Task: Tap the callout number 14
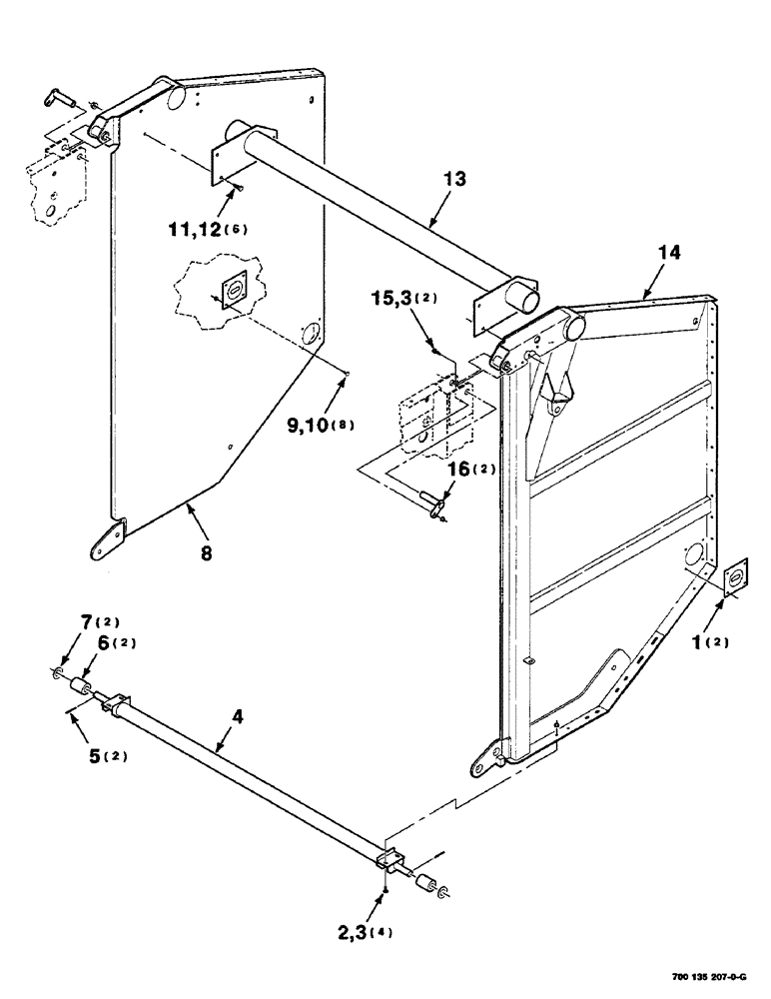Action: tap(669, 253)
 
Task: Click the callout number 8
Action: tap(207, 550)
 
